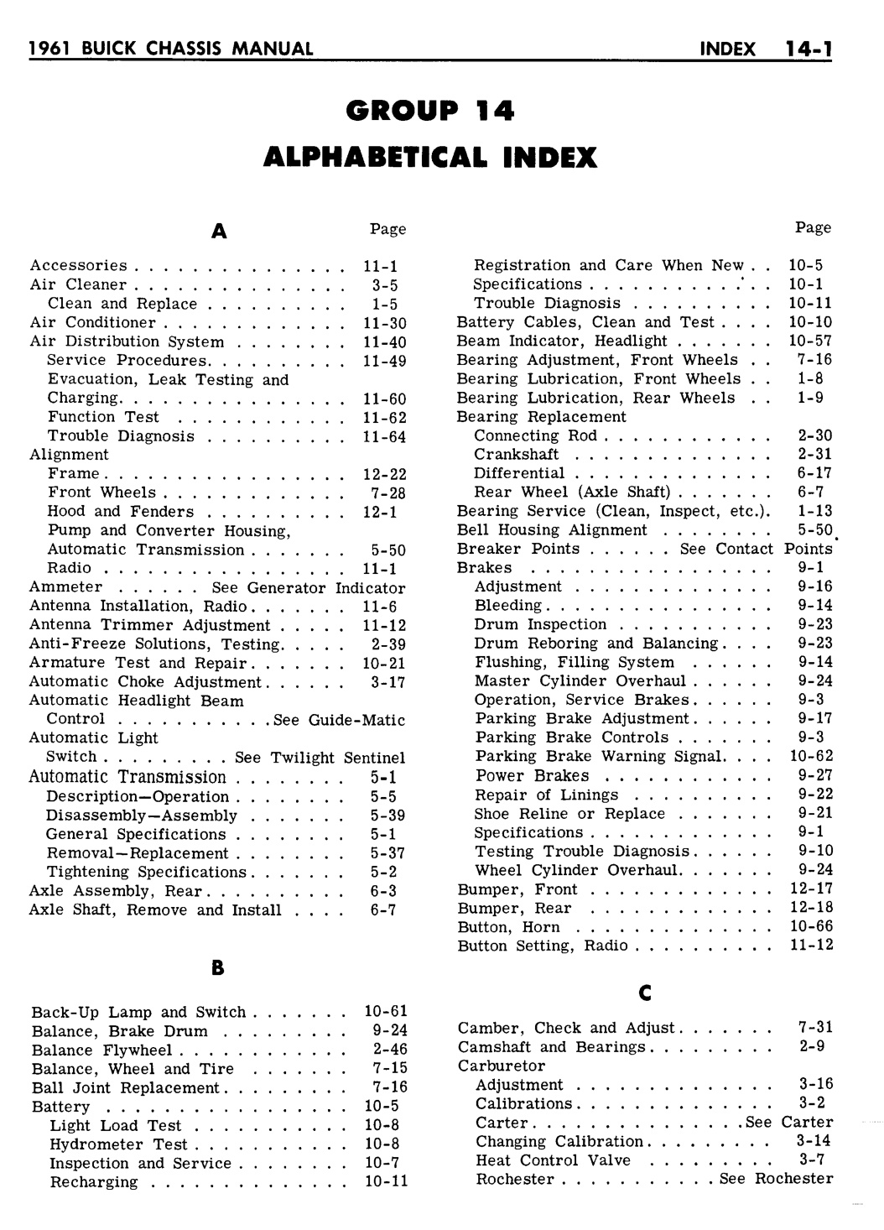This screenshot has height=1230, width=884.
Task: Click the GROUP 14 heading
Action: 429,111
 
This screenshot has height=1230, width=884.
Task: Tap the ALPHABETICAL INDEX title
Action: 429,157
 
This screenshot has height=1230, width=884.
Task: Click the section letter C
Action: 645,993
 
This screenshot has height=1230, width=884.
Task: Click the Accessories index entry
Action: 79,266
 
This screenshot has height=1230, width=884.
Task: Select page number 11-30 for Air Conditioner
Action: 384,323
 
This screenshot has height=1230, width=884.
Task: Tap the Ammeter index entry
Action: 65,587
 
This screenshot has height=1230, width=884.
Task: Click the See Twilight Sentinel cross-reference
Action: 320,758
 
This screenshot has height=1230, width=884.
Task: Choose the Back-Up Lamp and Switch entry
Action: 139,1013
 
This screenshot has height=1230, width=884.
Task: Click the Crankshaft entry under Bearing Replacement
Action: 517,455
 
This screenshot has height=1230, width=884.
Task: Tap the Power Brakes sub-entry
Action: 532,776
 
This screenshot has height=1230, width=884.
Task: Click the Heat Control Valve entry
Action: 538,1160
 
